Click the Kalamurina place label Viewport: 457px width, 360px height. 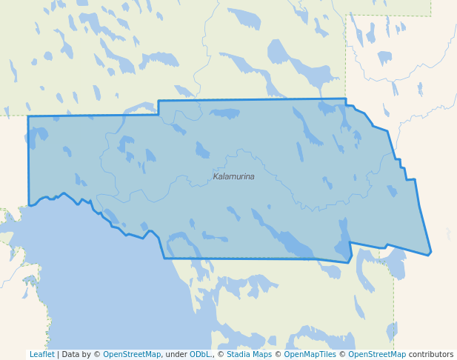tap(233, 176)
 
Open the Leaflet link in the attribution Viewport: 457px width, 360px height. tap(41, 354)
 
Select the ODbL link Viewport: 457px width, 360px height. tap(200, 354)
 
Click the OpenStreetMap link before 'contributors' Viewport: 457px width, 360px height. tap(377, 354)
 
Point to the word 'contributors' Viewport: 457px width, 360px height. tap(431, 354)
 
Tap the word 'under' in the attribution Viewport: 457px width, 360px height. tap(175, 354)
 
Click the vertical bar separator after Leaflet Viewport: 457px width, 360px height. tap(59, 354)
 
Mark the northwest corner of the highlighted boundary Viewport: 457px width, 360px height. tap(28, 116)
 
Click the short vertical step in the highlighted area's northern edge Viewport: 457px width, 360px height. tap(159, 107)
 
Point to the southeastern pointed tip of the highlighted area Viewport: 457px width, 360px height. tap(430, 254)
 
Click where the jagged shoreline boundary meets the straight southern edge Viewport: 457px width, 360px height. tap(164, 258)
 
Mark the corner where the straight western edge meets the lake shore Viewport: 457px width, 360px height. tap(29, 205)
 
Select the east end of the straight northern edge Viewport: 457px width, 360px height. tap(346, 99)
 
